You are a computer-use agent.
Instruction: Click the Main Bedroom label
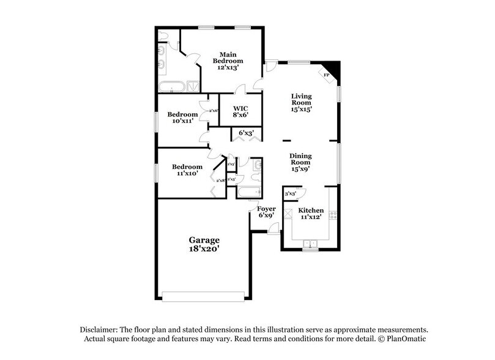point(228,61)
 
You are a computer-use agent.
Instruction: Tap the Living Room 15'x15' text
point(301,103)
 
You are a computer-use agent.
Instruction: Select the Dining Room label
point(300,162)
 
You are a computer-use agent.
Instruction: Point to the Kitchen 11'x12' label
point(311,214)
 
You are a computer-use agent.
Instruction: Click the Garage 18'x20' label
point(204,244)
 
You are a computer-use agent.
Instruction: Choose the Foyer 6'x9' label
point(267,212)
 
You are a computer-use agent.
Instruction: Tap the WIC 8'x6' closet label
point(240,111)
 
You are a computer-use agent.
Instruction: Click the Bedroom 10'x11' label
point(182,118)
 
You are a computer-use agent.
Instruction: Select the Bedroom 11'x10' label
point(187,170)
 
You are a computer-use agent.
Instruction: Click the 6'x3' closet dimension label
point(246,133)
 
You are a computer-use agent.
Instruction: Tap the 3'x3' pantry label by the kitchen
point(291,193)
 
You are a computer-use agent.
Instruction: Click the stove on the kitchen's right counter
point(333,215)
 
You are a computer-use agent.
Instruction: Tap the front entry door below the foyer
point(274,228)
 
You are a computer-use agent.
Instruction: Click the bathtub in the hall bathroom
point(247,193)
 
